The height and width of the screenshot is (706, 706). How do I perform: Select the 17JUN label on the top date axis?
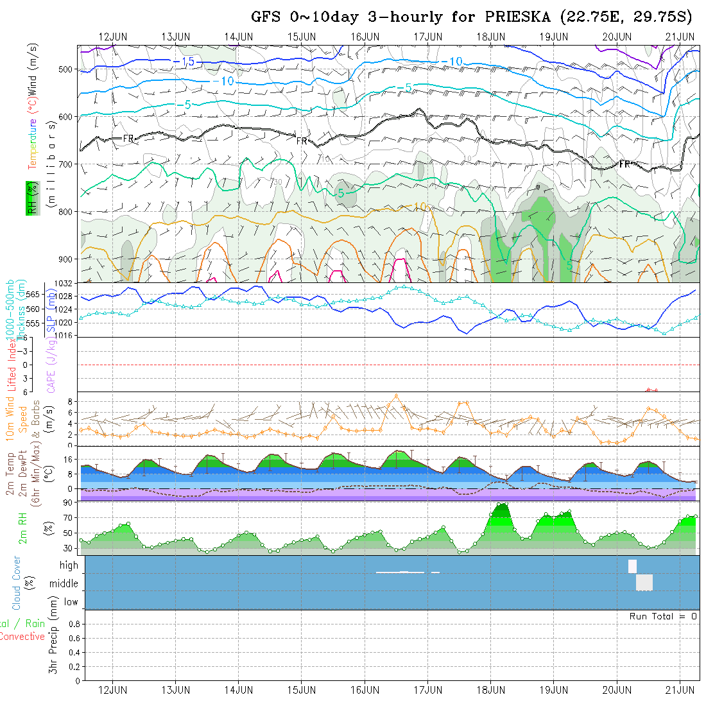(x=427, y=37)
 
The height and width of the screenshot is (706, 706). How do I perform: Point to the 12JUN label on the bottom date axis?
(x=112, y=690)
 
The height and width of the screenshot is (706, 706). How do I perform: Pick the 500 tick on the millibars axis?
(x=67, y=69)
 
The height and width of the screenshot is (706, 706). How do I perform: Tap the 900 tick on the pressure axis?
(x=67, y=259)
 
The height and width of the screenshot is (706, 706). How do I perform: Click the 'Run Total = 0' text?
(x=663, y=616)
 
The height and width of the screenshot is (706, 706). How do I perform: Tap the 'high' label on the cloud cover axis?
(x=69, y=565)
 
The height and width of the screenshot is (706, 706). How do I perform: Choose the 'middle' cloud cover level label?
(x=64, y=583)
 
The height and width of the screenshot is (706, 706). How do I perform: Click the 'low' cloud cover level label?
(x=71, y=602)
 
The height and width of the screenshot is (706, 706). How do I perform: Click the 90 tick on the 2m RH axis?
(x=66, y=503)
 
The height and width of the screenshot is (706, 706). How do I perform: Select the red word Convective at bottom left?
(x=22, y=637)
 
